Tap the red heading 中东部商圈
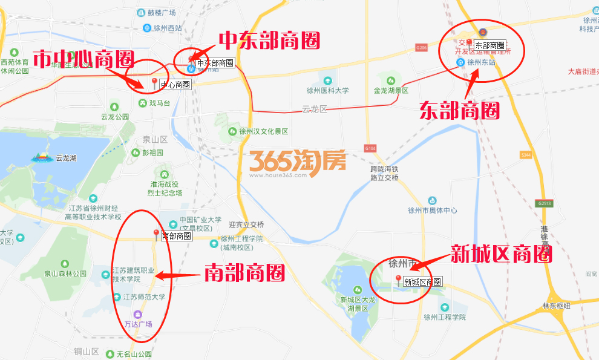[269, 41]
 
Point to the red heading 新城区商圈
[501, 254]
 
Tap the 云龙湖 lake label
[65, 159]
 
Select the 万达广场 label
[138, 324]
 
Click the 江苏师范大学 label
[144, 297]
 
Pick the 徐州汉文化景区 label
[263, 131]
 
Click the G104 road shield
[370, 148]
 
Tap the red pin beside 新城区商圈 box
[398, 280]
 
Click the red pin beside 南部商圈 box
[156, 234]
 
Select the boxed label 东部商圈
[489, 45]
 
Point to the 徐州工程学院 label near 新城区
[445, 317]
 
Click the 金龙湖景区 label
[391, 91]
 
